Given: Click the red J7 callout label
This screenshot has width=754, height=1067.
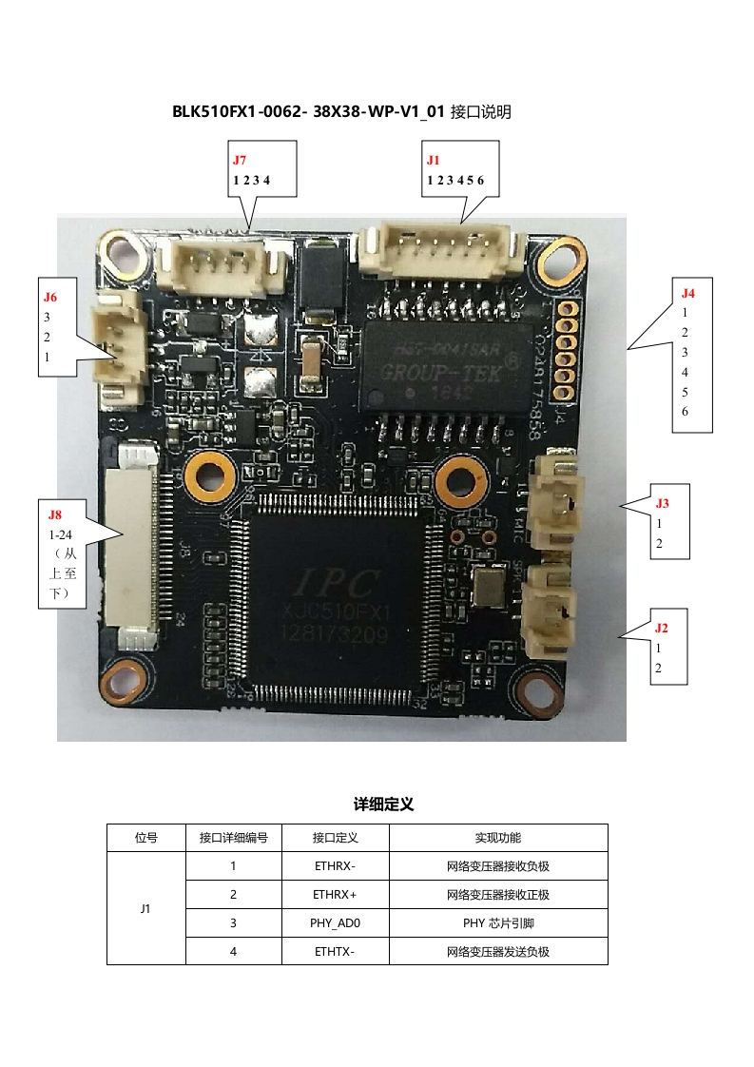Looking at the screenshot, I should [240, 160].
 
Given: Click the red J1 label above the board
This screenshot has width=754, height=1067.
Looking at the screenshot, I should [434, 160].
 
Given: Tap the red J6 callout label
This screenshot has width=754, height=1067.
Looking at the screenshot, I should [50, 297].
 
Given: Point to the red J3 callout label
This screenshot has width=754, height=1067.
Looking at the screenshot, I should [663, 503].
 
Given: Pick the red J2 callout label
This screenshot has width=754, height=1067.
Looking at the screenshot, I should [662, 628].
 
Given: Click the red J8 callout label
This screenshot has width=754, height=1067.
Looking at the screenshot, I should [56, 514].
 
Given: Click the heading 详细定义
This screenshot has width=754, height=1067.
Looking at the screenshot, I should [384, 805].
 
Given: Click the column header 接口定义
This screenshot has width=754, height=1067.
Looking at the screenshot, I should [335, 838].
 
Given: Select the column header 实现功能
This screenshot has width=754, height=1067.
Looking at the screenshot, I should [497, 838].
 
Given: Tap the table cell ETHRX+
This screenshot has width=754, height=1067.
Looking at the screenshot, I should [335, 895].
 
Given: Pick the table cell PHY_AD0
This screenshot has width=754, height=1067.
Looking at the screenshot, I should [335, 923].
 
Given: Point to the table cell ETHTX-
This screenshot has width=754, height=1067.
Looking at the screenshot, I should [335, 952].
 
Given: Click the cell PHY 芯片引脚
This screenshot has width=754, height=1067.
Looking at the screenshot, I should [497, 923].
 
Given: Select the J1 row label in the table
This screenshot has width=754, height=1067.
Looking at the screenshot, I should [145, 909].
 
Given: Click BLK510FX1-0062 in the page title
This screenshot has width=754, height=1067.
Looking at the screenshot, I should [238, 111].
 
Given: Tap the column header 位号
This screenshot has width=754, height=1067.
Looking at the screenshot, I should [145, 838].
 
